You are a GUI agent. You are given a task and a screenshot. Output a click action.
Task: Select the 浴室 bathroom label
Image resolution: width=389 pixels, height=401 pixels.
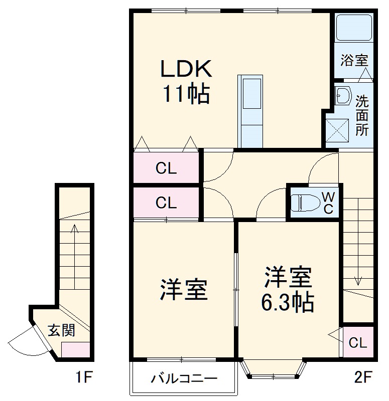click(354, 61)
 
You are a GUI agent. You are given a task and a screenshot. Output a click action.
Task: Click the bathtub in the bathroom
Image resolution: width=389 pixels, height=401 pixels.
click(354, 29)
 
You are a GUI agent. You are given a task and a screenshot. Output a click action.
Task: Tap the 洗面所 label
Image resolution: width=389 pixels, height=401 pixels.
click(361, 115)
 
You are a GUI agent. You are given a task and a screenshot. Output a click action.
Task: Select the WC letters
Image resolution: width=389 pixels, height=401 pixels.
click(327, 202)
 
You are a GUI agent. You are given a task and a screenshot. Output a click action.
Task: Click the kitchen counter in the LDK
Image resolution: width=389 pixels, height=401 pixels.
click(250, 111)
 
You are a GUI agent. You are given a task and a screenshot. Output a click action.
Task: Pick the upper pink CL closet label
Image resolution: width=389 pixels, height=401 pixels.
click(166, 169)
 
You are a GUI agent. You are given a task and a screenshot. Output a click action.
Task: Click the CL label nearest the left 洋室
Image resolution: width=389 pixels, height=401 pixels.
click(166, 204)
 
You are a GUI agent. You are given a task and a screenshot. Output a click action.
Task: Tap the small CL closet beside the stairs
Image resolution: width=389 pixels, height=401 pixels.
click(358, 343)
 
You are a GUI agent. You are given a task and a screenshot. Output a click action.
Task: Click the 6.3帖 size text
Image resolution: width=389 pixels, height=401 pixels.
click(287, 303)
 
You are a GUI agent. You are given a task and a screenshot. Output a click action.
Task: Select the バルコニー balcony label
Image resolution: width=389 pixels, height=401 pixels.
click(184, 379)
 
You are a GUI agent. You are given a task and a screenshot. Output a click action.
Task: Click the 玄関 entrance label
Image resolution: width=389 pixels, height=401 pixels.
click(62, 331)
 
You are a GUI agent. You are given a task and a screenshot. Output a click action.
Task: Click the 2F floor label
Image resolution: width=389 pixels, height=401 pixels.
click(361, 377)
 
